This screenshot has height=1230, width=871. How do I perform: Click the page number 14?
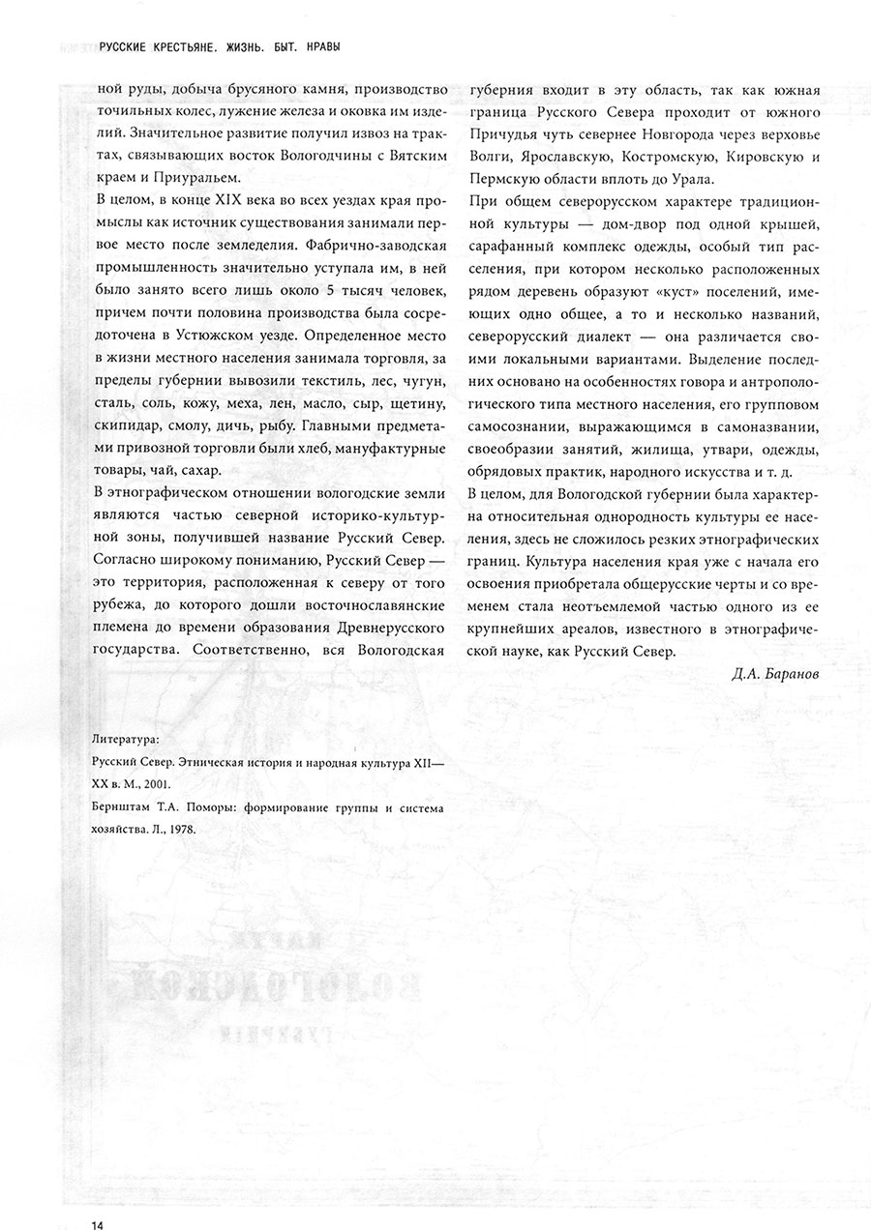pyautogui.click(x=97, y=1220)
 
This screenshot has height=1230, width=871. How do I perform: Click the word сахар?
pyautogui.click(x=202, y=469)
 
